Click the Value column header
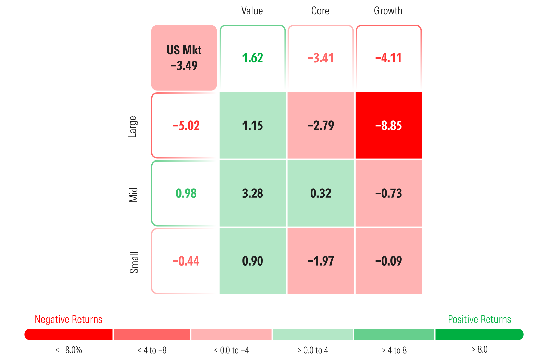pyautogui.click(x=252, y=11)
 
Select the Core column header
pyautogui.click(x=320, y=11)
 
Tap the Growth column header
pyautogui.click(x=388, y=11)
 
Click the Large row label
pyautogui.click(x=133, y=127)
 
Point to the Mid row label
pyautogui.click(x=133, y=194)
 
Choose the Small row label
pyautogui.click(x=134, y=262)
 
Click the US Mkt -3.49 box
pyautogui.click(x=184, y=58)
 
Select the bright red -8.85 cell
pyautogui.click(x=388, y=126)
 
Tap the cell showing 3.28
pyautogui.click(x=252, y=193)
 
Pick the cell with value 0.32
pyautogui.click(x=321, y=193)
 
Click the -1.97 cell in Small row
pyautogui.click(x=321, y=261)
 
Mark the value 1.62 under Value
pyautogui.click(x=252, y=58)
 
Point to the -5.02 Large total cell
pyautogui.click(x=186, y=126)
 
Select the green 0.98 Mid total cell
pyautogui.click(x=186, y=193)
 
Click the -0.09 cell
pyautogui.click(x=388, y=261)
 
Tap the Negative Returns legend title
pyautogui.click(x=68, y=319)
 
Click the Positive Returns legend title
pyautogui.click(x=480, y=319)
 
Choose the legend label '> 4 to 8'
pyautogui.click(x=394, y=350)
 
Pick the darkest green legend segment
pyautogui.click(x=479, y=334)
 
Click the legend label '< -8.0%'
pyautogui.click(x=68, y=350)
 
